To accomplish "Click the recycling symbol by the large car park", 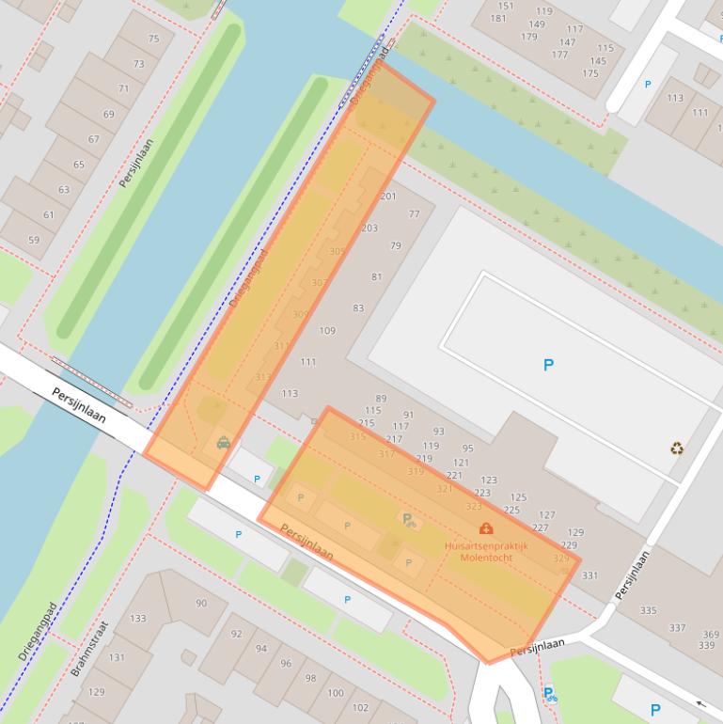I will tap(677, 449).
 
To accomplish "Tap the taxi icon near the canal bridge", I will tap(224, 442).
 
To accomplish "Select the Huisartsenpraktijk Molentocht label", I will tap(486, 550).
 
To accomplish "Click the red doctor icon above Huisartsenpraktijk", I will tap(486, 528).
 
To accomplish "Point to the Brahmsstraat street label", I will tap(90, 649).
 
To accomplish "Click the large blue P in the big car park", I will tap(549, 365).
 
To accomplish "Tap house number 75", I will tap(153, 39).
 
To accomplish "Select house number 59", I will tap(34, 240).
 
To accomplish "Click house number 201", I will tap(387, 197).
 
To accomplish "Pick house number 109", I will tap(327, 330).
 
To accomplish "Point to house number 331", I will tap(589, 575).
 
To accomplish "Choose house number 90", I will tap(201, 603).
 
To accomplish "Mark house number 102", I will tap(360, 706).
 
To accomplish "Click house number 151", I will tap(506, 6).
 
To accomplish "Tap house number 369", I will tap(710, 635).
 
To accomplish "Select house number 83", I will tap(358, 308).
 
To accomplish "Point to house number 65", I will tap(78, 165).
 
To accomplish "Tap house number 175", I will tap(589, 73).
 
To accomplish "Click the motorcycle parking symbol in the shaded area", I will tap(408, 519).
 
